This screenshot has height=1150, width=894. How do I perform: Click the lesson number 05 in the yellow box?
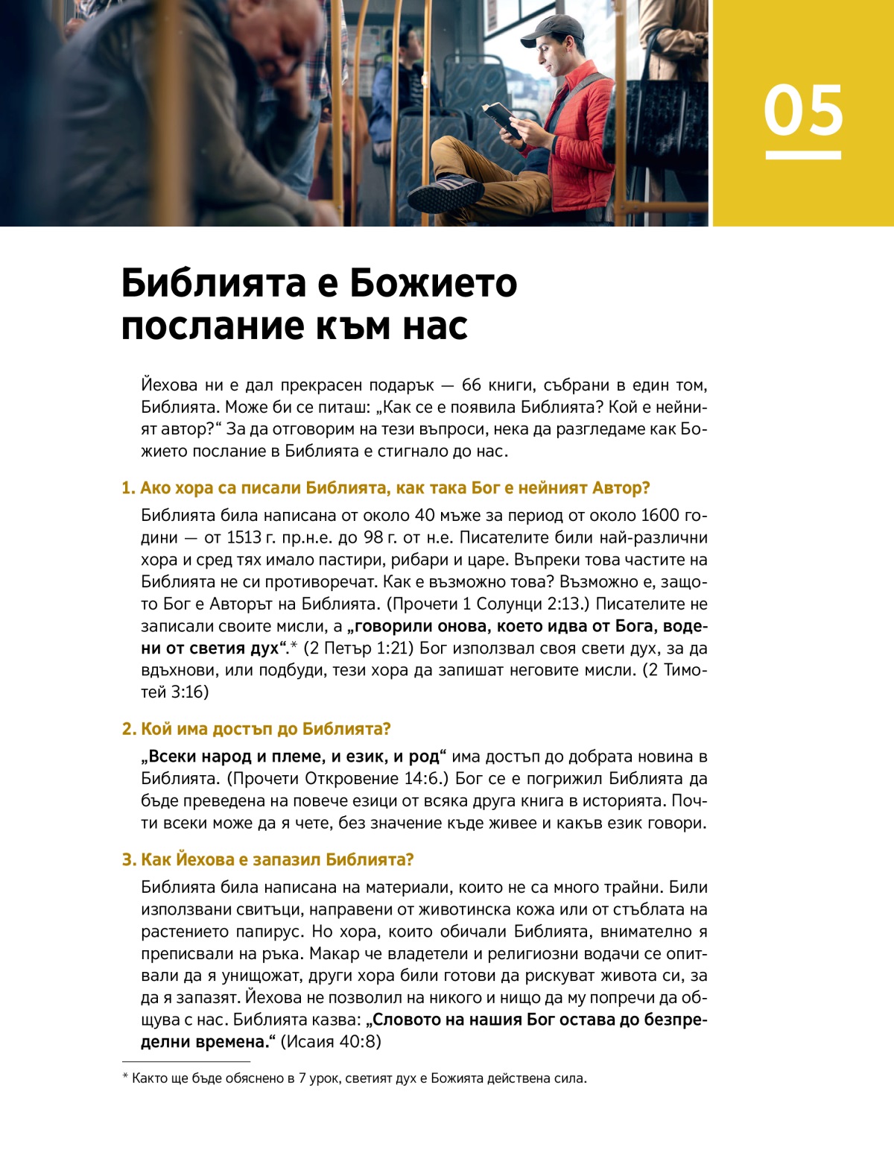tap(803, 110)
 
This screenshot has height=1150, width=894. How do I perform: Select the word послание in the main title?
tap(194, 326)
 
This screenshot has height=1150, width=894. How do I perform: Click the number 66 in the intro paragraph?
tap(472, 385)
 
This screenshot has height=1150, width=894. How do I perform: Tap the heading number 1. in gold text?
tap(129, 488)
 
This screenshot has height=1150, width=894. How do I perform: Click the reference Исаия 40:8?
tap(331, 1042)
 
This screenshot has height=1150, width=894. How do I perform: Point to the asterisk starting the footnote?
tap(125, 1078)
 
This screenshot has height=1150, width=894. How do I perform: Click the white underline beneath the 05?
tap(803, 155)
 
